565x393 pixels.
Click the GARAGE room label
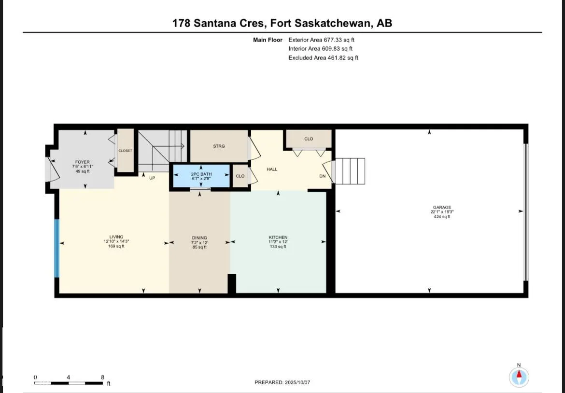tap(441, 208)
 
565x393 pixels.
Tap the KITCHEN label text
tap(278, 238)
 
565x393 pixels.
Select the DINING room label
tap(199, 238)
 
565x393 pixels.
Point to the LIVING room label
tap(116, 237)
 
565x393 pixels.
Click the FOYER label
tap(82, 162)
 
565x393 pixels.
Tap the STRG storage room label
tap(219, 146)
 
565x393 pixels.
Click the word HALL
tap(272, 169)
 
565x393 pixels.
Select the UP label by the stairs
tap(152, 178)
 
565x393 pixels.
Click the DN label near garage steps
tap(322, 176)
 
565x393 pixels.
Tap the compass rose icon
tap(519, 377)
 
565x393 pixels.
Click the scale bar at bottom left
tap(68, 383)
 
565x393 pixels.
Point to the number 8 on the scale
tap(102, 377)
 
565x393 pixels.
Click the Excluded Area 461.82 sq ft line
tap(323, 57)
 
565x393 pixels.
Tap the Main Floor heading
tap(268, 40)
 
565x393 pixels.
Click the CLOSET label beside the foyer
tap(126, 151)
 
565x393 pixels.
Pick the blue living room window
tap(56, 248)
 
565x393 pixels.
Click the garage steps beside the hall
tap(350, 171)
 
